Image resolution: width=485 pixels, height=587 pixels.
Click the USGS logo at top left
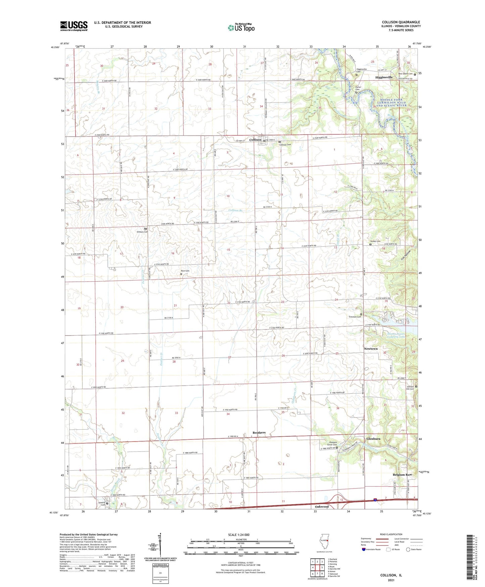pyautogui.click(x=74, y=26)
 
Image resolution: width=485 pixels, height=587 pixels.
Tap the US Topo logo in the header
pyautogui.click(x=241, y=27)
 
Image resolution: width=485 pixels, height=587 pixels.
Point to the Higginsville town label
pyautogui.click(x=384, y=77)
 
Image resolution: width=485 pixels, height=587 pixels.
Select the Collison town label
pyautogui.click(x=255, y=140)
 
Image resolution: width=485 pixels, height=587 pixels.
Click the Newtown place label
pyautogui.click(x=371, y=349)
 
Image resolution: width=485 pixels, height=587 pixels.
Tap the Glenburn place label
pyautogui.click(x=373, y=439)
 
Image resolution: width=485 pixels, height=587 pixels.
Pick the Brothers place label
pyautogui.click(x=259, y=433)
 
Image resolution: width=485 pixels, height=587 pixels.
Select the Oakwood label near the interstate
pyautogui.click(x=322, y=506)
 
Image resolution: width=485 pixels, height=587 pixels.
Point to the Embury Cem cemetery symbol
pyautogui.click(x=146, y=229)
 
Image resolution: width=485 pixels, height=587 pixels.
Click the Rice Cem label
pyautogui.click(x=185, y=271)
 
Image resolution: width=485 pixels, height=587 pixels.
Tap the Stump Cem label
pyautogui.click(x=375, y=241)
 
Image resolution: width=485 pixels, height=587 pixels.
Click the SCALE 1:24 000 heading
pyautogui.click(x=239, y=535)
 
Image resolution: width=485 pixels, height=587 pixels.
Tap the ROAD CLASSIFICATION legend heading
pyautogui.click(x=391, y=534)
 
